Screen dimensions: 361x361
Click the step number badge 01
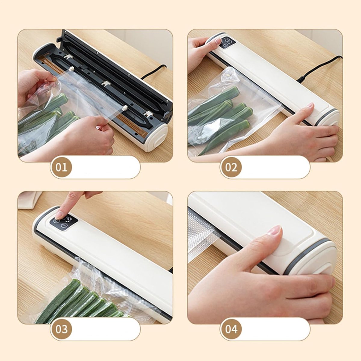61,167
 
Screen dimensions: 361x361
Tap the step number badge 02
231,167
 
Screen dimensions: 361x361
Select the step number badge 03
61,329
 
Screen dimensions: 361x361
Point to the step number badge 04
231,329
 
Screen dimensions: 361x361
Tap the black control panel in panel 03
64,223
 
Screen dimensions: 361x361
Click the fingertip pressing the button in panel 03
60,215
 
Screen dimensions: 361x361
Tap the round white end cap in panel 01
157,137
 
